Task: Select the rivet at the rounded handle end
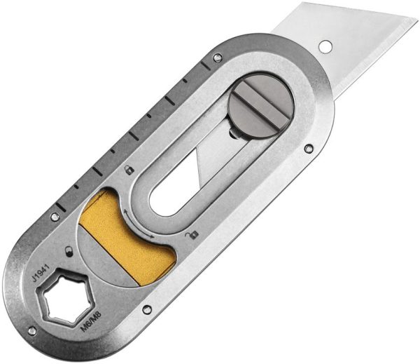31,330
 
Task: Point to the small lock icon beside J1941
67,250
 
